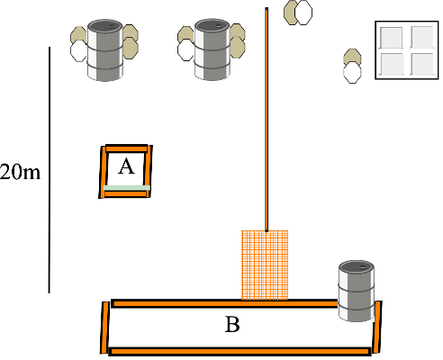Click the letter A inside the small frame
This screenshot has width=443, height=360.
(126, 166)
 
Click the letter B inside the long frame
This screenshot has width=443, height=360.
(232, 324)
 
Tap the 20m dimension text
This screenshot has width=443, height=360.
(20, 173)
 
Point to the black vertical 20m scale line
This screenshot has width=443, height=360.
(50, 170)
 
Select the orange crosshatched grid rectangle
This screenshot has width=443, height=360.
(265, 265)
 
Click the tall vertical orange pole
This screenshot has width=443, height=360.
(267, 120)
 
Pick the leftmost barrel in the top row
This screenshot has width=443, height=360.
(105, 50)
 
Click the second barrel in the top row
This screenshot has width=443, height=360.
(212, 49)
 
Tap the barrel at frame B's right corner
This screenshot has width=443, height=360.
(357, 291)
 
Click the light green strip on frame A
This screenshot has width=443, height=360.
(127, 188)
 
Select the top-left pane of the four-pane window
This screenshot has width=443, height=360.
(391, 38)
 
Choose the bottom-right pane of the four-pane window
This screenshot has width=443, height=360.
(422, 64)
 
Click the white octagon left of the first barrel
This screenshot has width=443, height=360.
(78, 51)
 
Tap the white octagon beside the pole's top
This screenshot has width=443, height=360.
(303, 13)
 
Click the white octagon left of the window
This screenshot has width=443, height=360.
(352, 73)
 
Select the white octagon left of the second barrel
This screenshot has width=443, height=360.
(185, 50)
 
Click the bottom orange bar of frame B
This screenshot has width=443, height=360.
(240, 351)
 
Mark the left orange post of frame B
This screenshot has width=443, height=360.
(104, 328)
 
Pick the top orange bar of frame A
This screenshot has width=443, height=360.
(126, 148)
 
